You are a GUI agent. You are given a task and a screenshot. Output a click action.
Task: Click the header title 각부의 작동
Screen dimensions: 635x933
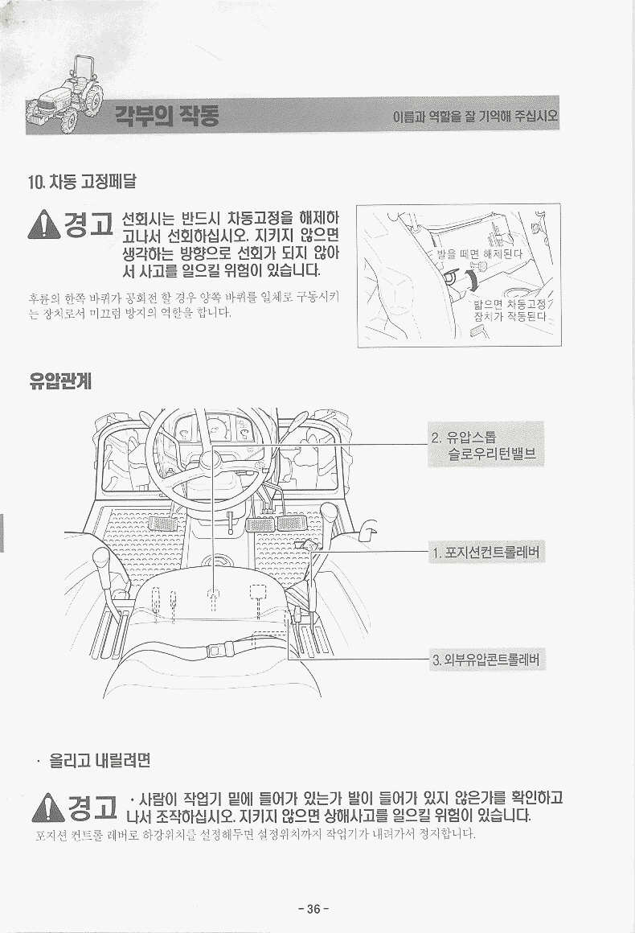pyautogui.click(x=166, y=115)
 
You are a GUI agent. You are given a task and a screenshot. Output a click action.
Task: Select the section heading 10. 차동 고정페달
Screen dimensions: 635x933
pyautogui.click(x=82, y=181)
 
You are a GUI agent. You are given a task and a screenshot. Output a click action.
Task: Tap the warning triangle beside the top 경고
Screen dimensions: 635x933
pyautogui.click(x=43, y=225)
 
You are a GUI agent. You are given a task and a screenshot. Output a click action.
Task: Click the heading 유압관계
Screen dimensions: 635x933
pyautogui.click(x=60, y=380)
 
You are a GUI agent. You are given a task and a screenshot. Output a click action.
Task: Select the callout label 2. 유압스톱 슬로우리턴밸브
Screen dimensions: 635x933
pyautogui.click(x=485, y=445)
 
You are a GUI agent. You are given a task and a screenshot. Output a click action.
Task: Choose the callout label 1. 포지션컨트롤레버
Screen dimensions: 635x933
pyautogui.click(x=486, y=553)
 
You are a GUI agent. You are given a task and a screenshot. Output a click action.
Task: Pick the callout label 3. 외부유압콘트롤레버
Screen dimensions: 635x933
pyautogui.click(x=486, y=660)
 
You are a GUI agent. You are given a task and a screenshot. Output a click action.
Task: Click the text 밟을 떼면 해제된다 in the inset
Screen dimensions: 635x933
pyautogui.click(x=480, y=254)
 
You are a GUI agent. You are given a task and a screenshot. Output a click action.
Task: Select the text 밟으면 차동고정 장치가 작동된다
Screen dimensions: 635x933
pyautogui.click(x=510, y=310)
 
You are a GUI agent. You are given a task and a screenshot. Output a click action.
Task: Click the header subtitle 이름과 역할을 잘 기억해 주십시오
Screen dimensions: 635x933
pyautogui.click(x=476, y=116)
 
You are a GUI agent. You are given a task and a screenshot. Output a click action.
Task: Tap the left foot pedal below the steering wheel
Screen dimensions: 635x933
pyautogui.click(x=161, y=524)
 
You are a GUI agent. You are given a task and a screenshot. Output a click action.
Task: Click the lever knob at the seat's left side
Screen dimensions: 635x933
pyautogui.click(x=101, y=559)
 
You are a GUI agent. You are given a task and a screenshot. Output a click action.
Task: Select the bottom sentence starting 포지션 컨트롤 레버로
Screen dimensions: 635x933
pyautogui.click(x=256, y=834)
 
